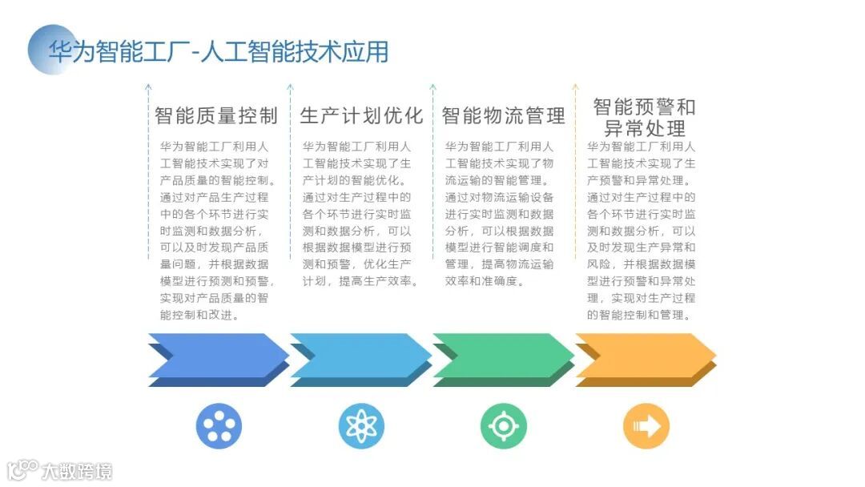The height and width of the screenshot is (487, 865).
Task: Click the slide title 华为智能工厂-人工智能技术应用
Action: point(218,52)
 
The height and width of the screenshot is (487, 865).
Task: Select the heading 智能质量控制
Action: point(216,115)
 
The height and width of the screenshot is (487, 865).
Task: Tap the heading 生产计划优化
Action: point(361,115)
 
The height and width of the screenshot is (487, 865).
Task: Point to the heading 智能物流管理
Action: point(504,115)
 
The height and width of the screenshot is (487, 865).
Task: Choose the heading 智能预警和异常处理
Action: point(644,118)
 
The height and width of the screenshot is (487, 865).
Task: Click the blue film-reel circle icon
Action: point(219,426)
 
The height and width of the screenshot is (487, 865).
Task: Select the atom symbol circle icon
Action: point(361,426)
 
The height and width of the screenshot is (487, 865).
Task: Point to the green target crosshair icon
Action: point(504,426)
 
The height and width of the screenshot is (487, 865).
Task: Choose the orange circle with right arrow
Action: point(646,426)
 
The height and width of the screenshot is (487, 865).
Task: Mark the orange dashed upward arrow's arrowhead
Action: point(575,85)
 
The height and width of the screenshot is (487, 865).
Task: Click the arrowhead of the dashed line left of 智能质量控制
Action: point(148,85)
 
